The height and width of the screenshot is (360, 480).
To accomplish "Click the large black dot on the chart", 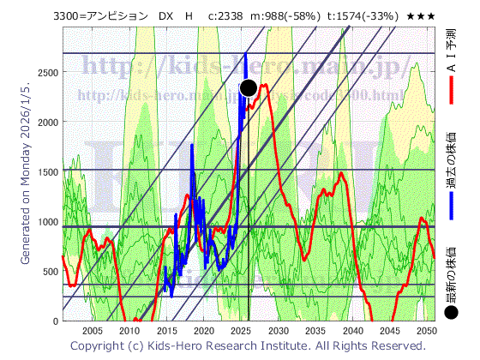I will (249, 87).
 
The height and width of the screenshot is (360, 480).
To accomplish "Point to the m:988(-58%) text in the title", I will (286, 16).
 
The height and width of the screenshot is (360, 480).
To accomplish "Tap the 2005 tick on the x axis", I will (92, 331).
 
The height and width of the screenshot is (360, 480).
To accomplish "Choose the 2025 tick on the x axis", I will (241, 331).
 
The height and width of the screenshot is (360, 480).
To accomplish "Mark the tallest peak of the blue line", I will (245, 55).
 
